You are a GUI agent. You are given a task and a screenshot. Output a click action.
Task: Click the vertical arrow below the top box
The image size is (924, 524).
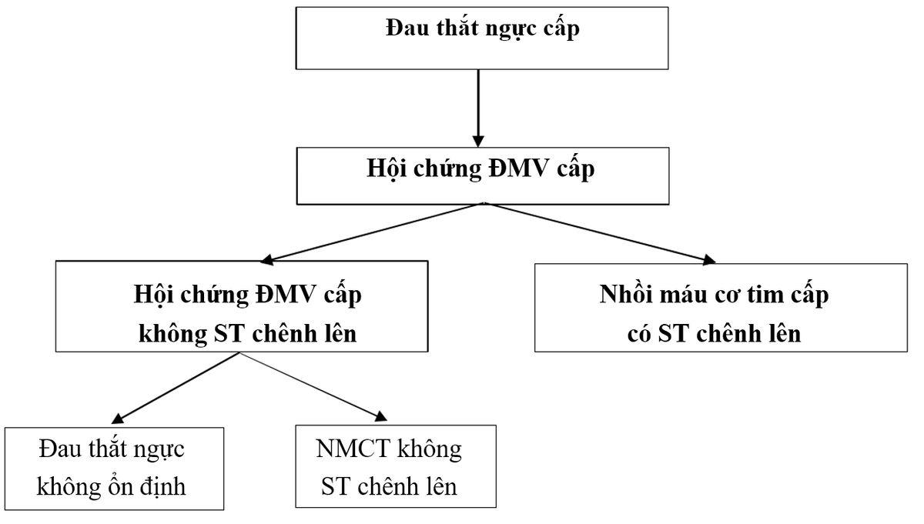pos(478,108)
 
